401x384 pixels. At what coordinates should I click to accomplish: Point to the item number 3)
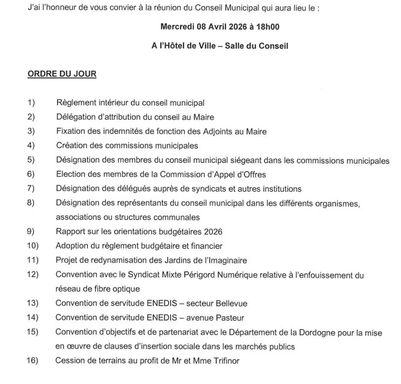(31, 131)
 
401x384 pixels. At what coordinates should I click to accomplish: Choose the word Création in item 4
(72, 146)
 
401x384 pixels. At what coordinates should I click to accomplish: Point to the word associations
(80, 217)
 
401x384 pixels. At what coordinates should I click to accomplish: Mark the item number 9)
(31, 232)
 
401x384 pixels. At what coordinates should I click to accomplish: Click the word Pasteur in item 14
(227, 318)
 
